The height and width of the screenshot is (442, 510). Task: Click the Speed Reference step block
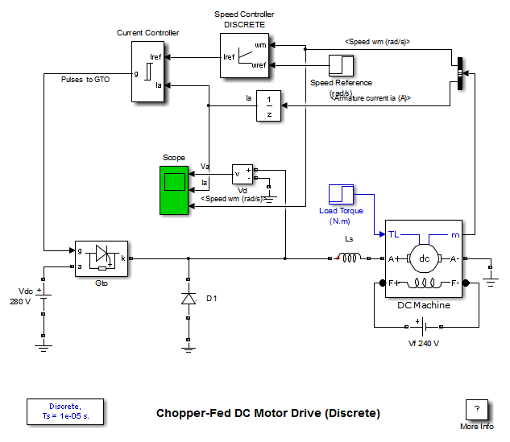point(341,65)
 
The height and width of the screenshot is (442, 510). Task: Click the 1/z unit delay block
point(269,105)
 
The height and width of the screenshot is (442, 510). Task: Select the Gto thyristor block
point(101,258)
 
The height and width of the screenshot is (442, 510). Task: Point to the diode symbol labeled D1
point(189,299)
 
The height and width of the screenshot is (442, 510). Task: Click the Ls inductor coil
point(348,258)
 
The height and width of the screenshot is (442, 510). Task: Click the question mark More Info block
point(477,408)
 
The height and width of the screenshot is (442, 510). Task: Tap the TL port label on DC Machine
point(394,234)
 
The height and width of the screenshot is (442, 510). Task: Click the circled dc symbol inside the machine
point(424,258)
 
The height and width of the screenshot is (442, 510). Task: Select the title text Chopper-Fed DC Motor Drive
point(268,414)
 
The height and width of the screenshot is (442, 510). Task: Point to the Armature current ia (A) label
point(370,97)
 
